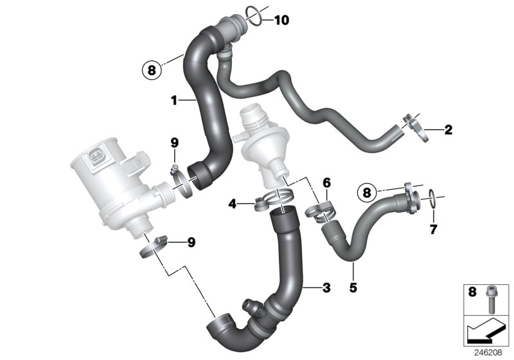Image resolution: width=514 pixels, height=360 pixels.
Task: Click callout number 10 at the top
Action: [x=281, y=20]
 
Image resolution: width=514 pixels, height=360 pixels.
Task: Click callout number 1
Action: [x=173, y=100]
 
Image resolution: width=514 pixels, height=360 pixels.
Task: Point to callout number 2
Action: [x=448, y=130]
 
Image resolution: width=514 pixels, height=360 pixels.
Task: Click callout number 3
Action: [x=326, y=288]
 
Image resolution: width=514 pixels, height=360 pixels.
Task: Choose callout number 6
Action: [x=326, y=183]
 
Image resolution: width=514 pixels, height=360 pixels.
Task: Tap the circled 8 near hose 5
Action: [x=367, y=192]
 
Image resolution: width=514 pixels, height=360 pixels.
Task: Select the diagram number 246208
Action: [x=488, y=352]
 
